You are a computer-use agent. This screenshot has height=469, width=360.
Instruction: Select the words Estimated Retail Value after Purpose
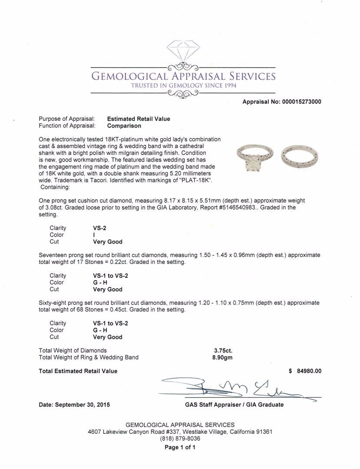139,119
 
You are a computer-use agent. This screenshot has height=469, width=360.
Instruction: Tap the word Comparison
124,126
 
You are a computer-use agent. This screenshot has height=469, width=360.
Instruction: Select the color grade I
94,235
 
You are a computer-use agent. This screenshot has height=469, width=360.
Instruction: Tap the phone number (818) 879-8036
180,439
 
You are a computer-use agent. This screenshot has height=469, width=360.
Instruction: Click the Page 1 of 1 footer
180,447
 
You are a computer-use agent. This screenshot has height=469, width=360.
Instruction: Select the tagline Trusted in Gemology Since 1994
183,86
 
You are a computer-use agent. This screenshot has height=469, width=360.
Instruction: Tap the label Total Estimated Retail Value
78,371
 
